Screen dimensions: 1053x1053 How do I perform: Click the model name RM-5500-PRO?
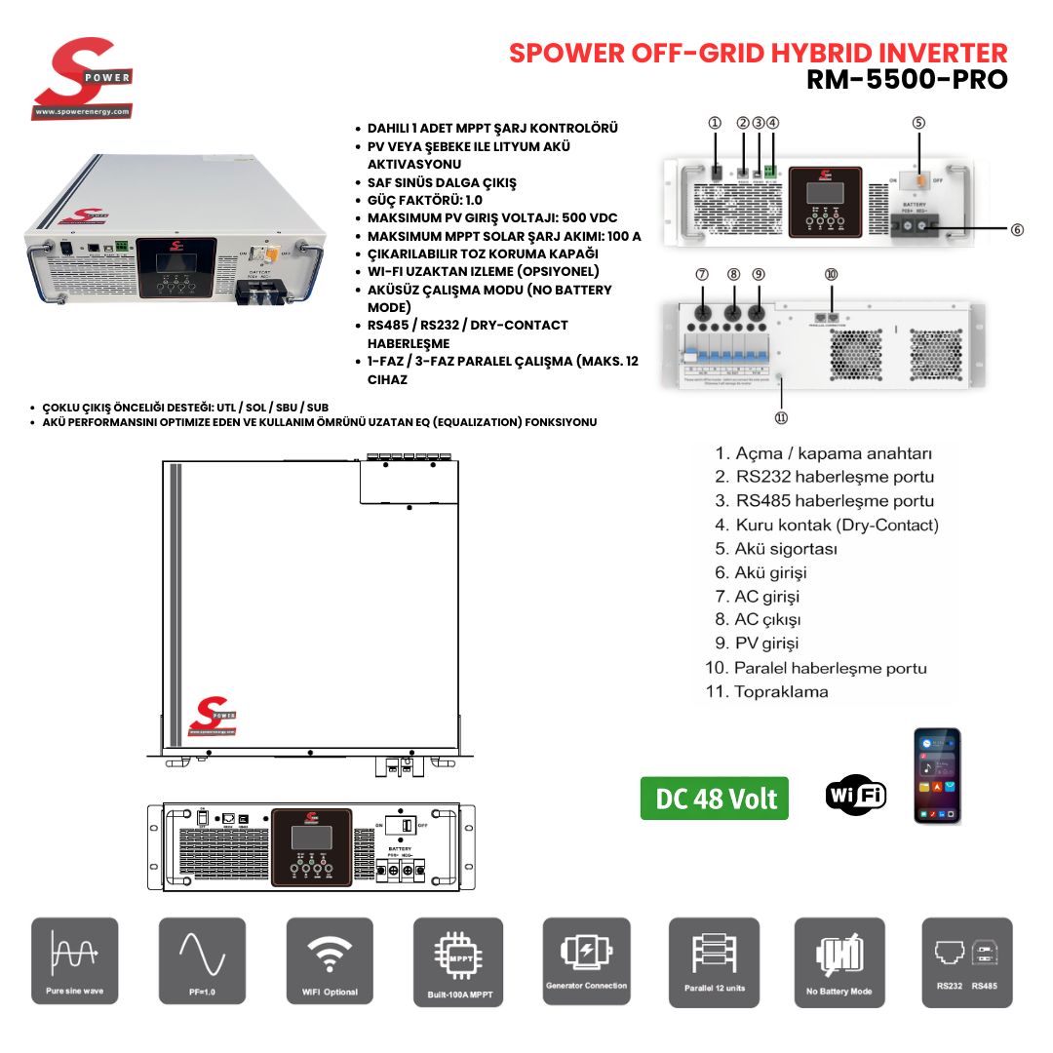tap(907, 79)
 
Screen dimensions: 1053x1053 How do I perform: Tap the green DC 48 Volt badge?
tap(715, 799)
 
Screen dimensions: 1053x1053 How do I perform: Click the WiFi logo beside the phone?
tap(855, 795)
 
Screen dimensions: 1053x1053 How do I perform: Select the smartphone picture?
tap(937, 776)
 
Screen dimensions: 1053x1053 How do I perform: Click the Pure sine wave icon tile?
tap(75, 961)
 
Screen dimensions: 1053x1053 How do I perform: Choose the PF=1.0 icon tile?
tap(202, 961)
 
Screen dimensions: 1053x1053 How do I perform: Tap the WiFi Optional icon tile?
tap(330, 961)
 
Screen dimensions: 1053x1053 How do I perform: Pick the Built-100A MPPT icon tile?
tap(457, 961)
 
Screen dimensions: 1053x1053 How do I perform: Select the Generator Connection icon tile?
tap(586, 961)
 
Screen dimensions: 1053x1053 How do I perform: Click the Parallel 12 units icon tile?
tap(714, 961)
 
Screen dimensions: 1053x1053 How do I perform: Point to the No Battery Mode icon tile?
tap(839, 961)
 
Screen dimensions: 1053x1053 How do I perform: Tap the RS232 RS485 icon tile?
tap(968, 961)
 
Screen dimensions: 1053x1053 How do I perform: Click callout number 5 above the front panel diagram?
tap(918, 123)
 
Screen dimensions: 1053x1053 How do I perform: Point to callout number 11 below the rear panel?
tap(781, 418)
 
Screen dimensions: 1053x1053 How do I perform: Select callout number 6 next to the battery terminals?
tap(1017, 230)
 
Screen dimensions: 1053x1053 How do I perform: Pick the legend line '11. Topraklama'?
tap(766, 691)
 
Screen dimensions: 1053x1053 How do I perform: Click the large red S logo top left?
tap(81, 78)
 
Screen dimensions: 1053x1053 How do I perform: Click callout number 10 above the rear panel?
tap(831, 275)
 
